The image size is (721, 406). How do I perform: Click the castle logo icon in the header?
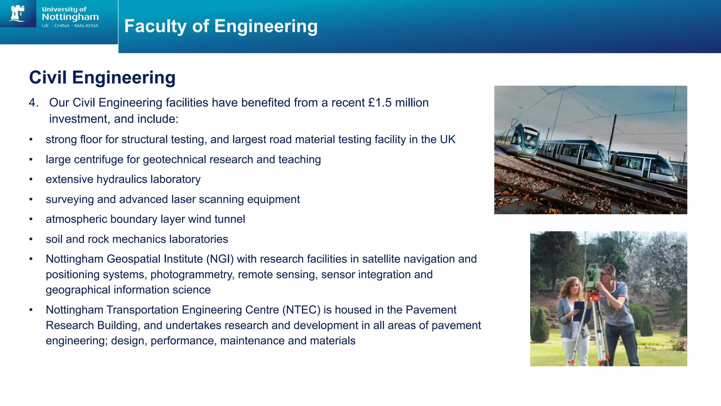18,14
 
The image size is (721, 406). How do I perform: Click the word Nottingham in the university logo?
70,17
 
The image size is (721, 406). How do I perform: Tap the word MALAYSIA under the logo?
86,26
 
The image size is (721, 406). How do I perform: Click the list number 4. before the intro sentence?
33,103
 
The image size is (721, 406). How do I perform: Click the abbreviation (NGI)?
220,259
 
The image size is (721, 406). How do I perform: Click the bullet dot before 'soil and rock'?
31,239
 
